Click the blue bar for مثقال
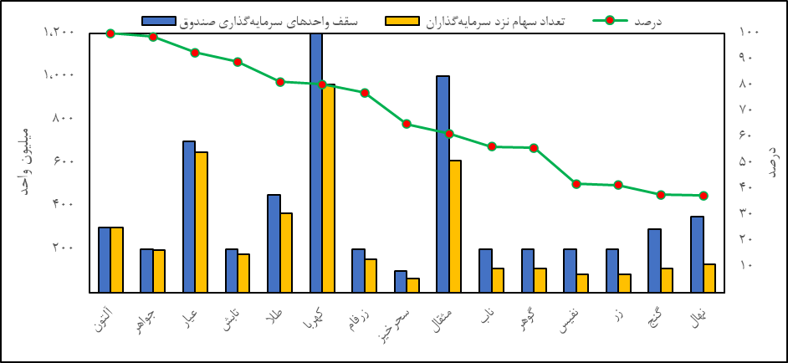pyautogui.click(x=443, y=184)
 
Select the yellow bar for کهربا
pyautogui.click(x=329, y=188)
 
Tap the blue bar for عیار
pyautogui.click(x=189, y=217)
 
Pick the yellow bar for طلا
pyautogui.click(x=286, y=253)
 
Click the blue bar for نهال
pyautogui.click(x=697, y=254)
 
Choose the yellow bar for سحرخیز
pyautogui.click(x=413, y=285)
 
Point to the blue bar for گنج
pyautogui.click(x=654, y=260)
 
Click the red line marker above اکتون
pyautogui.click(x=111, y=33)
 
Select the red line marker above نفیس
pyautogui.click(x=576, y=184)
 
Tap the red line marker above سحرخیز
pyautogui.click(x=407, y=124)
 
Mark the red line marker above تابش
pyautogui.click(x=238, y=62)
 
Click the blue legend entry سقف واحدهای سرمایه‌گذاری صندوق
pyautogui.click(x=251, y=20)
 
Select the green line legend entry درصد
pyautogui.click(x=627, y=20)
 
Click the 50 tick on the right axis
pyautogui.click(x=747, y=161)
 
